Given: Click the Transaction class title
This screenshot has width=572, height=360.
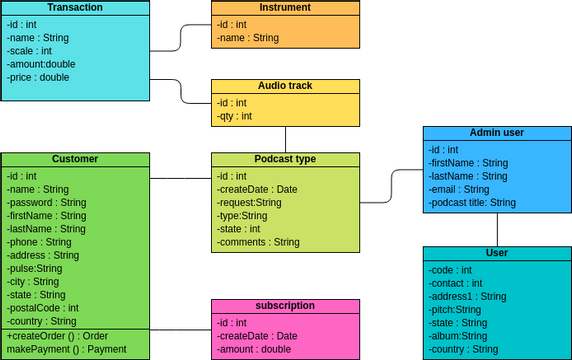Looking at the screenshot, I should (75, 8).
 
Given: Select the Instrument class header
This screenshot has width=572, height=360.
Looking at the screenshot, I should (285, 8).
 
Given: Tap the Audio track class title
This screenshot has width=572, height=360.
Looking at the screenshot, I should (285, 86).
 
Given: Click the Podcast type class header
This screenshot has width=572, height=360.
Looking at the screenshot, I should (285, 160).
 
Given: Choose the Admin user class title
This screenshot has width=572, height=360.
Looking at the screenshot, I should (496, 133).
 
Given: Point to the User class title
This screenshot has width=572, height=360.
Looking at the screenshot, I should (496, 253).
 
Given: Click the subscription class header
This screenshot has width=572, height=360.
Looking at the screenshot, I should (285, 306).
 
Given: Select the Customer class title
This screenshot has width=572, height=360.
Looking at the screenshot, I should (75, 160).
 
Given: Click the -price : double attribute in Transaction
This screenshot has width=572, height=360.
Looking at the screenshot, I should (40, 77).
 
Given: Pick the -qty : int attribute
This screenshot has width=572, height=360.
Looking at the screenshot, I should (235, 116).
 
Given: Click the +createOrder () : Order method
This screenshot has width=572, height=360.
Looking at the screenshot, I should (56, 336).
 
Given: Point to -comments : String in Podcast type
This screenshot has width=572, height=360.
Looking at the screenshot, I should (258, 242).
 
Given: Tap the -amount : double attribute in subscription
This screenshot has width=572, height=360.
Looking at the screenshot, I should (254, 349).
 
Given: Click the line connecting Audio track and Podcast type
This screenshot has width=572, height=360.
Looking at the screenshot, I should (285, 139).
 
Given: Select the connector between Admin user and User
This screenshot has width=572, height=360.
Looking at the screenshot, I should (496, 229).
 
